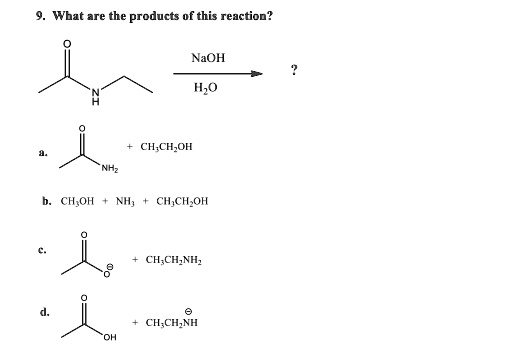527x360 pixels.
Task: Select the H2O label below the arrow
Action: pyautogui.click(x=206, y=90)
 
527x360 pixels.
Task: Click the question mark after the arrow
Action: pyautogui.click(x=293, y=70)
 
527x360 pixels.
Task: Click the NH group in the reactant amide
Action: pyautogui.click(x=97, y=97)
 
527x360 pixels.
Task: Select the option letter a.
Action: pyautogui.click(x=44, y=152)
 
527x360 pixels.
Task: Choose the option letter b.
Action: pyautogui.click(x=46, y=200)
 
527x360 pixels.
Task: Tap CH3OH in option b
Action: pyautogui.click(x=77, y=201)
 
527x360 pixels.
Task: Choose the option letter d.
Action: pyautogui.click(x=45, y=311)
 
